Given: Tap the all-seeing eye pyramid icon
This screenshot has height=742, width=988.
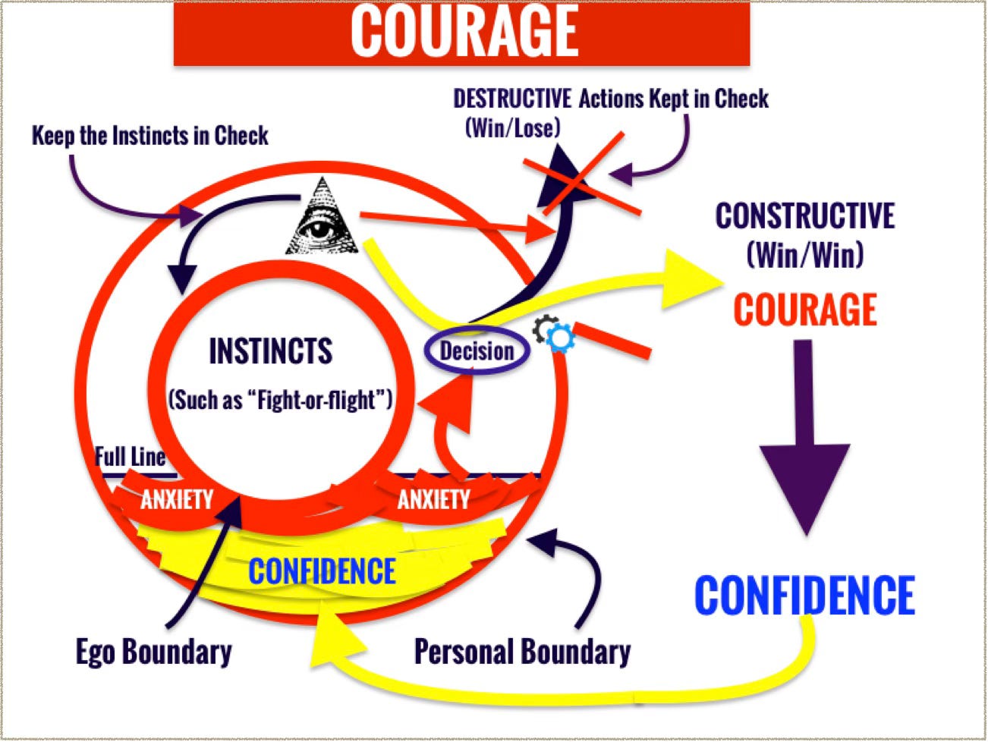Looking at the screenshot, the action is (x=322, y=218).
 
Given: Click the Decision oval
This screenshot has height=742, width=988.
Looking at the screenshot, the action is (x=477, y=351).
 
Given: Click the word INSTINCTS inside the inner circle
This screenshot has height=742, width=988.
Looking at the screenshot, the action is (x=271, y=351).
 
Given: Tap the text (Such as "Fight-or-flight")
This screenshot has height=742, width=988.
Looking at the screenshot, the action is (x=280, y=400).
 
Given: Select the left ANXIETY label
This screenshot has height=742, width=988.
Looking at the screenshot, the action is (x=177, y=499).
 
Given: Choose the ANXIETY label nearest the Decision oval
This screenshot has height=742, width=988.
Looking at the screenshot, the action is (x=433, y=499).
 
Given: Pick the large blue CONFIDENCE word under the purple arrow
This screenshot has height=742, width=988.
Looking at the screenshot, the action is (x=804, y=596).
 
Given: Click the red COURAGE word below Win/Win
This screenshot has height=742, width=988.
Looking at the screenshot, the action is (x=805, y=310).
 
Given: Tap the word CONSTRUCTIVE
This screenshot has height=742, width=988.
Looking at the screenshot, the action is (x=804, y=215).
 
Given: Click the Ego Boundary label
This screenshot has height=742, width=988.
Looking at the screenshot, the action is (x=154, y=652).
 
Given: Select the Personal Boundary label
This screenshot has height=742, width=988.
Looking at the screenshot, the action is (x=522, y=652).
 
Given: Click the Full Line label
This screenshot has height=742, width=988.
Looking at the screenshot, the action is (x=131, y=457).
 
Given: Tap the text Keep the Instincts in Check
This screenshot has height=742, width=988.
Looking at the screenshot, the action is (x=150, y=136).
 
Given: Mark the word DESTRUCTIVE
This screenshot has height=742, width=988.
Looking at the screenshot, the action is (x=512, y=99).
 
